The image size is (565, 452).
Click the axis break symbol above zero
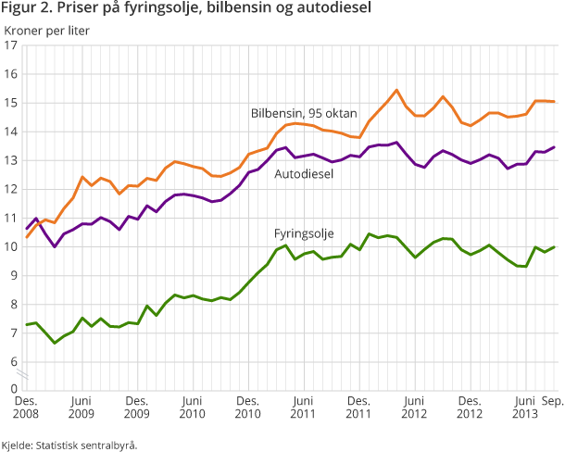[28, 374]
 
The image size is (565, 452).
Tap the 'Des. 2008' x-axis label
[28, 408]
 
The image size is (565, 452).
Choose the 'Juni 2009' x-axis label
[82, 408]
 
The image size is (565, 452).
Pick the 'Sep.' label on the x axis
[554, 401]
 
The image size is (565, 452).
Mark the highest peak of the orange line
[396, 90]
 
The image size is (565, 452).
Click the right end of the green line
[555, 247]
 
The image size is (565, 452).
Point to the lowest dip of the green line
[56, 343]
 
